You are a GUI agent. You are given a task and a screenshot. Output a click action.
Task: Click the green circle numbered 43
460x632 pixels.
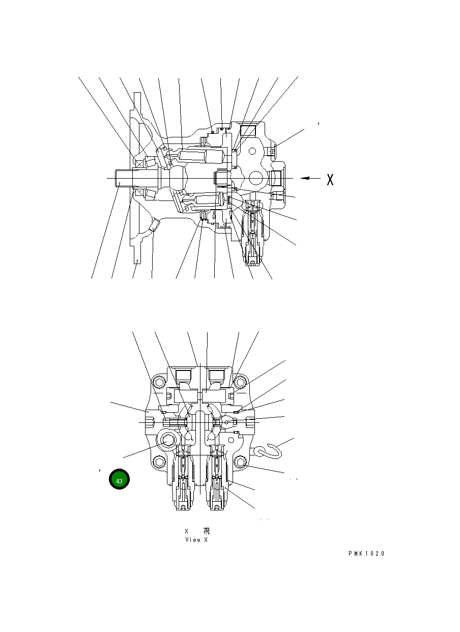tap(119, 480)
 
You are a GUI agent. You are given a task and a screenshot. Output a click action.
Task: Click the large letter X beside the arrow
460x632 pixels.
tap(330, 179)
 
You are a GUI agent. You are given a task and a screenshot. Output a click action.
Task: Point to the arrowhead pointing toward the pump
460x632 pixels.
tap(304, 178)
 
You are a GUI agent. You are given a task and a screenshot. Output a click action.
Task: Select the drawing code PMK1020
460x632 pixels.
tap(366, 554)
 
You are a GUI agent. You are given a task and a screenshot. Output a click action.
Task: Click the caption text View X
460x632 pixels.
tap(196, 540)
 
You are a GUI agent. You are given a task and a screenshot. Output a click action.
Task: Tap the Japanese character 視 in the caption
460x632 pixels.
tap(206, 531)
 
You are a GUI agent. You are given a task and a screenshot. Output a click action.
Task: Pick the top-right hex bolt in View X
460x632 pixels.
tap(241, 382)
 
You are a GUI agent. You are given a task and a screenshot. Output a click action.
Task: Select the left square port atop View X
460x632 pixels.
tap(183, 376)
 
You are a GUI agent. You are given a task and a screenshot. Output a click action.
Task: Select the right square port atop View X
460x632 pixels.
tap(216, 376)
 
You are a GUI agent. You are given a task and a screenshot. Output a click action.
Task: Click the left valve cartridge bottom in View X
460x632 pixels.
tap(183, 506)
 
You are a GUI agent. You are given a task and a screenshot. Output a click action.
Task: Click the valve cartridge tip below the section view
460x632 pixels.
tap(253, 262)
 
